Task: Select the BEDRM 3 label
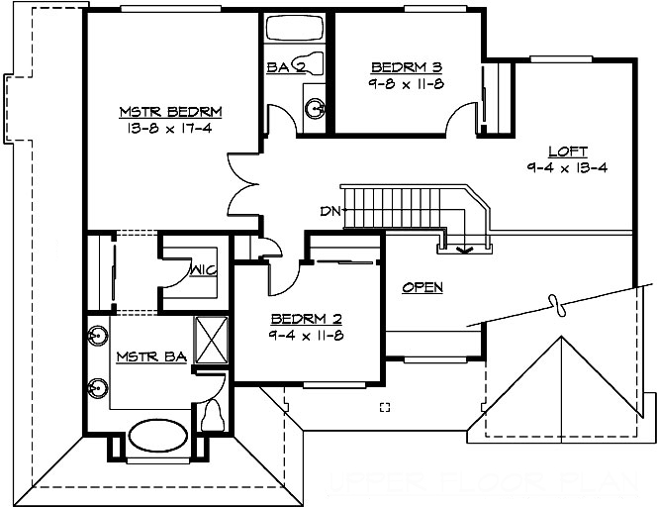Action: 406,67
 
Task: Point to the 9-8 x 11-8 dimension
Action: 406,84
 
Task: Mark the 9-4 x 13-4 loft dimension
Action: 567,168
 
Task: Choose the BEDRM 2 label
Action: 307,319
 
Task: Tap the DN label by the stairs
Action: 329,210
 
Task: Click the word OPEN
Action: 422,287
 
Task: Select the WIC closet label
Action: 204,269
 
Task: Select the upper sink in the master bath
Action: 98,334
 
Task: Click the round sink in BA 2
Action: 315,107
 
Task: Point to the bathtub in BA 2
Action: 298,31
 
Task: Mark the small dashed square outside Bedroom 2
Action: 385,407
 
